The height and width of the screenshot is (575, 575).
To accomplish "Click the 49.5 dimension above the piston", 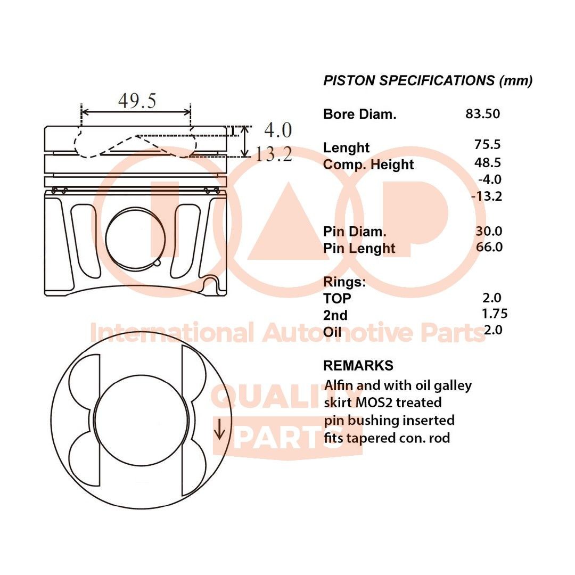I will pos(137,101).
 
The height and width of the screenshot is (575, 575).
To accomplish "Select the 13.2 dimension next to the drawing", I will pos(273,154).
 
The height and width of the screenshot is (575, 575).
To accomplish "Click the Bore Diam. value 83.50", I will pos(482,113).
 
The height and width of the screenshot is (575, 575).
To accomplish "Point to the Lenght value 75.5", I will pos(488,144).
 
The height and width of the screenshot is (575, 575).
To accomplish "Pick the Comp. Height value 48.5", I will pos(488,162).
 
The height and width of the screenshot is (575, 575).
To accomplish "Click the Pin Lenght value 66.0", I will pos(489,247).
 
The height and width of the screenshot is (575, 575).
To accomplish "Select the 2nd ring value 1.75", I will pos(494,313).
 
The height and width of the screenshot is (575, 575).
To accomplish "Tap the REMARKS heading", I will pos(358,366).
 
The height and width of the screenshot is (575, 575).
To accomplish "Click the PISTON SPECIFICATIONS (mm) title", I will pos(428,81).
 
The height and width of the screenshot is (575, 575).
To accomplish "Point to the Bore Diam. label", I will pos(359,114).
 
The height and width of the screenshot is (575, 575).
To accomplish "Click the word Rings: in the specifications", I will pos(344,282).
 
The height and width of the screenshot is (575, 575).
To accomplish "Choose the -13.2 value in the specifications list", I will pos(487,196).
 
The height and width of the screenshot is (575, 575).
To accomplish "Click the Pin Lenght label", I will pos(359,248).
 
